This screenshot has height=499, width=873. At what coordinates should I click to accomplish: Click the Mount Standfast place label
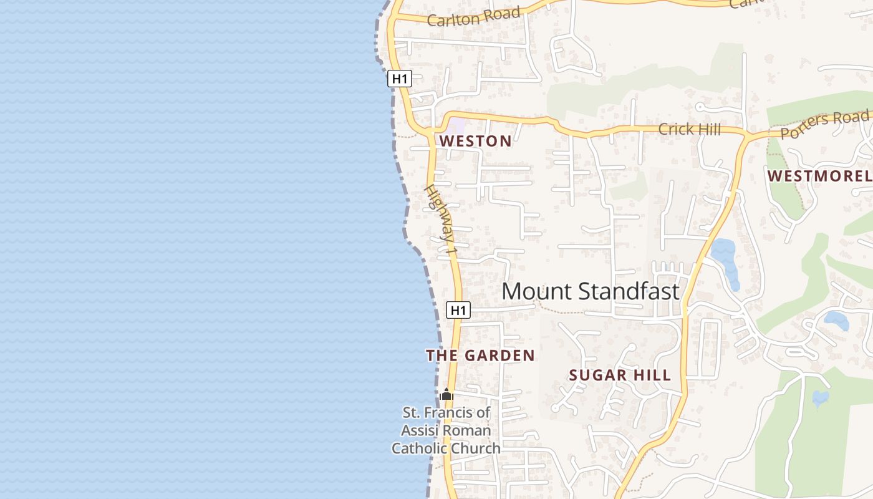click(x=590, y=291)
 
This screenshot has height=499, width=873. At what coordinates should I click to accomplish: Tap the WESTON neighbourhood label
click(x=476, y=141)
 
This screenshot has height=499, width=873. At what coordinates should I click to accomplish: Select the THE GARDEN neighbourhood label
click(x=480, y=356)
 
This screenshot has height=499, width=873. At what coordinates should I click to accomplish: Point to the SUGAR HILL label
click(x=620, y=375)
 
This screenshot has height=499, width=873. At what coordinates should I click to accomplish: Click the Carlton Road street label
click(x=474, y=17)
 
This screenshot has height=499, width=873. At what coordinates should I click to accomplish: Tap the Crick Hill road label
click(x=690, y=130)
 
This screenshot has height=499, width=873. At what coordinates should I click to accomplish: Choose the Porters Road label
click(x=824, y=124)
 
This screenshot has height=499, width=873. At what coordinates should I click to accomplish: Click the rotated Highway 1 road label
click(x=441, y=218)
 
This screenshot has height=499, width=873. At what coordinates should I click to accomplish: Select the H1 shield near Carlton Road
click(x=400, y=79)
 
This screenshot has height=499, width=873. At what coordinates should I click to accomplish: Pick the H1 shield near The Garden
click(x=458, y=309)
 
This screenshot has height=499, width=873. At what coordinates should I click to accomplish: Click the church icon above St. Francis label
click(x=446, y=394)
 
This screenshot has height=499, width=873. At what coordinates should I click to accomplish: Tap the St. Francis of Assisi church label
click(x=446, y=430)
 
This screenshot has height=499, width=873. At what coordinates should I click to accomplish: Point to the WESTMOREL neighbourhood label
click(x=819, y=176)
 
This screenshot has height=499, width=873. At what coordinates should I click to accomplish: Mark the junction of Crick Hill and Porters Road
click(x=746, y=135)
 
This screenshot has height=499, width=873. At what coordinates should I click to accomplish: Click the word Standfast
click(x=628, y=291)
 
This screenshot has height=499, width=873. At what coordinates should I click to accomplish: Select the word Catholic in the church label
click(x=418, y=448)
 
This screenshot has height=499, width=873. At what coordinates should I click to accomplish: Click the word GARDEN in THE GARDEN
click(x=500, y=356)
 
